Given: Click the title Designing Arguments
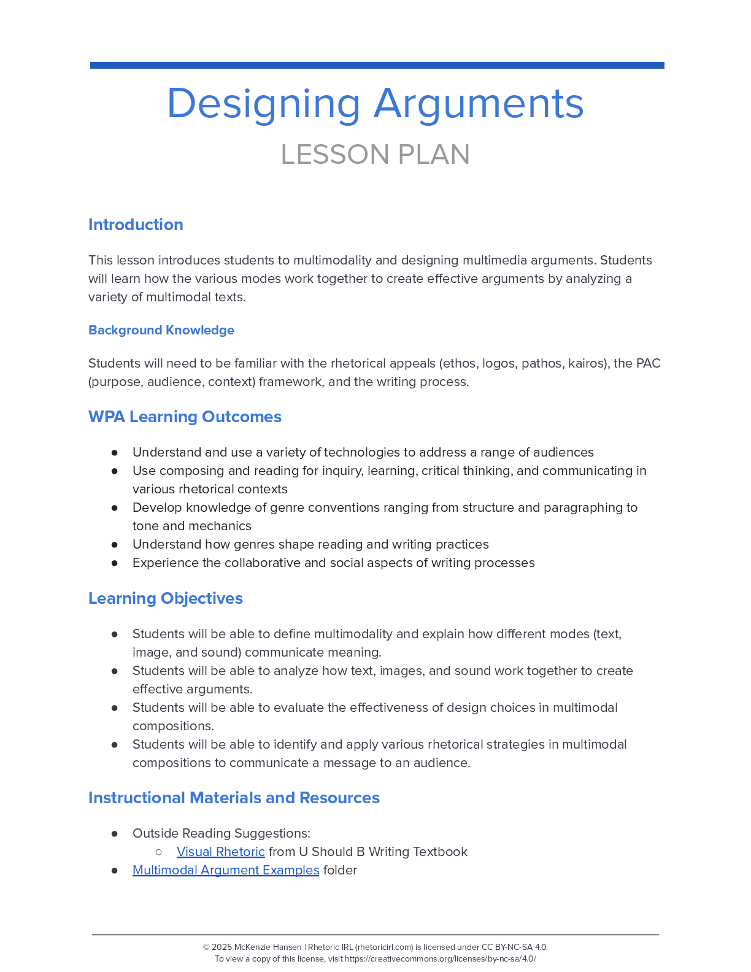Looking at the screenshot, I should click(375, 103).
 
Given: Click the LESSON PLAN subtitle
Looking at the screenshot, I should click(375, 155).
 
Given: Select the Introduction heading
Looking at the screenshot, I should click(136, 225).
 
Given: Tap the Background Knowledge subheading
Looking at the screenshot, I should click(161, 330).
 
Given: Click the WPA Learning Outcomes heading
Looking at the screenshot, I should click(185, 417).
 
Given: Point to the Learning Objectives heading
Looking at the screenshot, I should click(166, 598).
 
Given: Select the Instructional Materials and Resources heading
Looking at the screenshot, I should click(234, 798).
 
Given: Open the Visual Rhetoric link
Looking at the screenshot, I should click(221, 852).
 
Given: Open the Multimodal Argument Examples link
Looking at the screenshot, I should click(226, 870).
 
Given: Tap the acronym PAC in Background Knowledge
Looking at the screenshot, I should click(648, 363).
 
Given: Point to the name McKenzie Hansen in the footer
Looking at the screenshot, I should click(268, 947).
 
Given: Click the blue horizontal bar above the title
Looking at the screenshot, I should click(377, 65).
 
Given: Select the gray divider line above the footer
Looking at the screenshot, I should click(375, 935).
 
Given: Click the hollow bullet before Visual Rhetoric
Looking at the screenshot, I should click(159, 852).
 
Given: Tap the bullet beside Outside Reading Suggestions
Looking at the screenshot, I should click(115, 833).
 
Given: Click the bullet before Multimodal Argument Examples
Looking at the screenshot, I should click(115, 870).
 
